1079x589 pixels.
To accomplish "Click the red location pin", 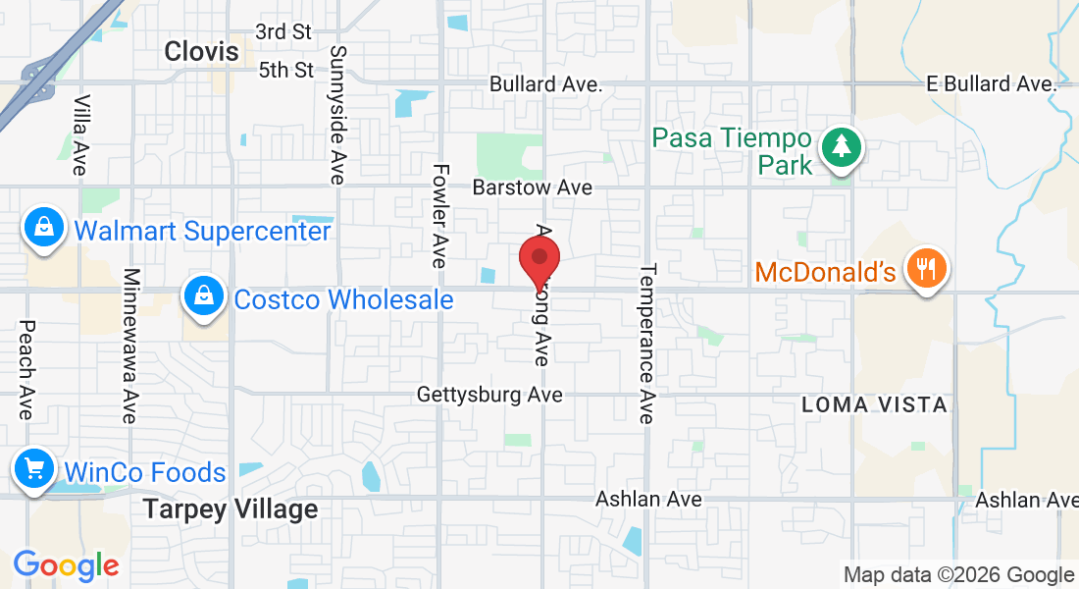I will (x=539, y=260).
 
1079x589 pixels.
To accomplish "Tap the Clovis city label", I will (x=202, y=51).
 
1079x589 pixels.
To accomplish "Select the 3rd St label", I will (x=284, y=31).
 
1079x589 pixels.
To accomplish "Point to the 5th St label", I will (x=286, y=70).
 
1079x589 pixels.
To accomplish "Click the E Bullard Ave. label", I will (x=992, y=84).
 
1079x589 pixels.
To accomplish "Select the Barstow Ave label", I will (x=533, y=187).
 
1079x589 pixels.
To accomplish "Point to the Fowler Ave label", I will (x=439, y=216).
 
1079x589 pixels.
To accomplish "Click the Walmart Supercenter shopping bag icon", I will (x=44, y=229).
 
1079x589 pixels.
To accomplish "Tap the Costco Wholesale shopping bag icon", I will (x=202, y=295).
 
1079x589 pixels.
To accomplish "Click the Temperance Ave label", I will (x=645, y=344).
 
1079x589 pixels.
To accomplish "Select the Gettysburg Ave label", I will (x=489, y=395).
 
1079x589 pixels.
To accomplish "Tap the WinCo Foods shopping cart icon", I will (x=35, y=470).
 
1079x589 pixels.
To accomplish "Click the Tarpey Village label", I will (x=231, y=509).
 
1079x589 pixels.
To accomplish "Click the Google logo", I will (x=66, y=565).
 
